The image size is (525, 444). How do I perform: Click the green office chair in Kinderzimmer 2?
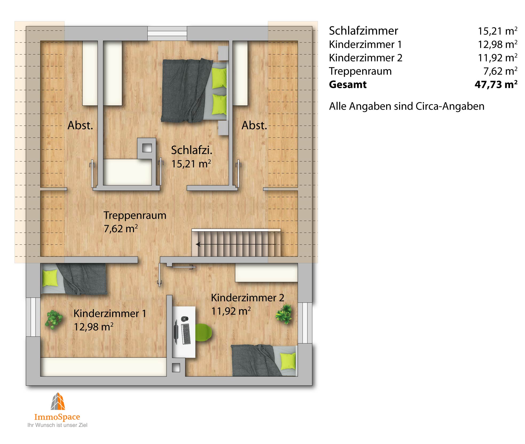204,333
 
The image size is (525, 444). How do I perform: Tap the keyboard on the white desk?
186,334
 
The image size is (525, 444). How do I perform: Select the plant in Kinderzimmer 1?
54,320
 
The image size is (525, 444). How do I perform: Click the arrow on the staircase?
236,244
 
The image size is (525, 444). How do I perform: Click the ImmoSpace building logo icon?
58,401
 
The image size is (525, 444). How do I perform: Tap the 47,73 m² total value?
496,84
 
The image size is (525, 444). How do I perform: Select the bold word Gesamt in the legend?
348,84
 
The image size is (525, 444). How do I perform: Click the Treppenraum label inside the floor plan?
135,215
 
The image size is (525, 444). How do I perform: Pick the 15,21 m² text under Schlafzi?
191,164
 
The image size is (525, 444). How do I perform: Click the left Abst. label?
80,125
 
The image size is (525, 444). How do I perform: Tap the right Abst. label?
254,125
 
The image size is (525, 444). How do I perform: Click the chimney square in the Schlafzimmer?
147,148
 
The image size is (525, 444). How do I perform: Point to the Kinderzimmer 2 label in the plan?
247,298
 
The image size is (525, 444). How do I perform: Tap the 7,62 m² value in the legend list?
500,71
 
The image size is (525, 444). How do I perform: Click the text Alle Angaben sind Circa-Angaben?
406,106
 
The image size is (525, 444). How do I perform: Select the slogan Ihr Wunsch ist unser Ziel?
57,425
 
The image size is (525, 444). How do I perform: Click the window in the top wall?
167,33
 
